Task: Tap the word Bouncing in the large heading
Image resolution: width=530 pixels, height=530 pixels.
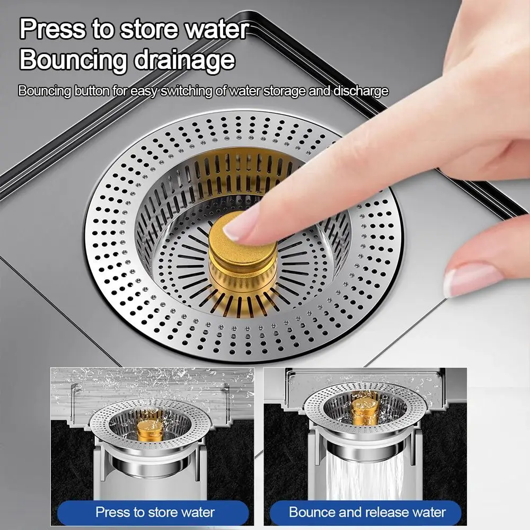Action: (x=72, y=59)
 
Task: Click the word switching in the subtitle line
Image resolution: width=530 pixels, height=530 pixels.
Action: (x=188, y=91)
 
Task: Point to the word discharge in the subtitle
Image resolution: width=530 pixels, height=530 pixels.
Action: (x=360, y=91)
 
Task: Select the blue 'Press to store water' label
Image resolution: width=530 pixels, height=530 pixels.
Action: (x=155, y=513)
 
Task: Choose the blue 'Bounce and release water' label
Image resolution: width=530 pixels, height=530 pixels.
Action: (x=367, y=513)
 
